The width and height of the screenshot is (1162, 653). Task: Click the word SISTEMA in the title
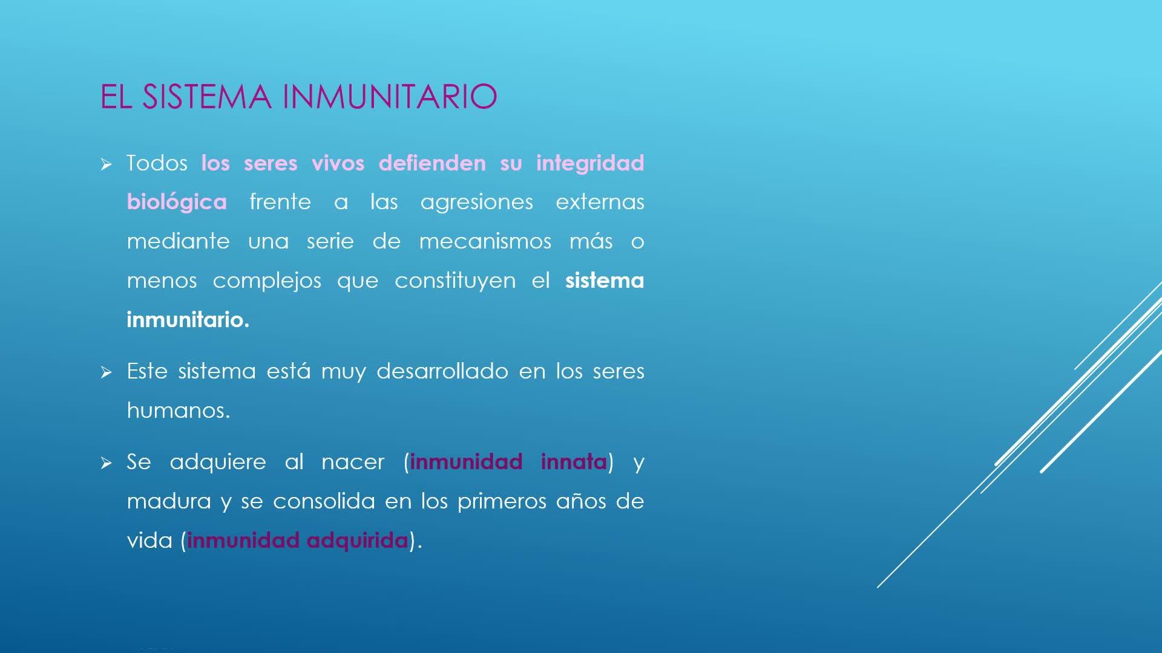[x=206, y=97]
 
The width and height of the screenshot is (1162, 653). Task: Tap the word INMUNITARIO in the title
[x=390, y=97]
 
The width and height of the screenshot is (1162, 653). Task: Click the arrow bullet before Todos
[x=107, y=164]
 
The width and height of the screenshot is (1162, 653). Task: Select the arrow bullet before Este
[x=107, y=372]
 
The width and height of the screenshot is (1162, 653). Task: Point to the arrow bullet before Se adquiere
[x=107, y=464]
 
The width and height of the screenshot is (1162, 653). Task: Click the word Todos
[x=157, y=163]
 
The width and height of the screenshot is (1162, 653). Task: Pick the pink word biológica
[x=177, y=202]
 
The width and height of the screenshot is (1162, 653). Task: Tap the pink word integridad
[x=590, y=163]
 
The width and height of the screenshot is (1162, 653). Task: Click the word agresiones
[x=477, y=203]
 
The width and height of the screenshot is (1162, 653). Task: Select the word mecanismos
[x=485, y=241]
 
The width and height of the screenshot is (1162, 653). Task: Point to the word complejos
[x=267, y=281]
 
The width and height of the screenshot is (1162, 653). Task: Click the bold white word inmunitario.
[x=188, y=319]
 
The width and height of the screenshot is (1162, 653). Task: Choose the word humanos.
[x=179, y=410]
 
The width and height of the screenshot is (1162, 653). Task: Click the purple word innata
[x=574, y=462]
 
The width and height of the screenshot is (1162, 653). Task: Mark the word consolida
[x=324, y=501]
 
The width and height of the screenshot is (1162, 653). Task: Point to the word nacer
[x=353, y=463]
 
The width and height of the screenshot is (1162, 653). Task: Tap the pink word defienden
[x=432, y=163]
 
